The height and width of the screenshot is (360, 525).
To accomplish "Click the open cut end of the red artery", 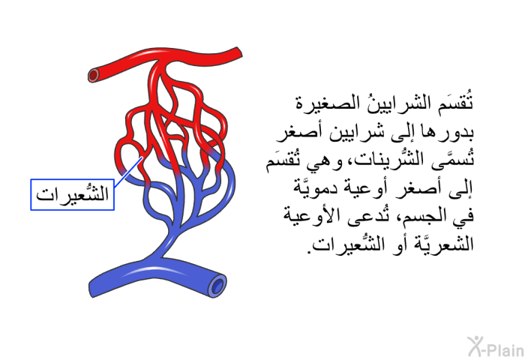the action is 94,75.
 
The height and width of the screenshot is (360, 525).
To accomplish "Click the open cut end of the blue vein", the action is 217,286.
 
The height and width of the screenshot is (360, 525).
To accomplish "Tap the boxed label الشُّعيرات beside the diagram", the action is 72,194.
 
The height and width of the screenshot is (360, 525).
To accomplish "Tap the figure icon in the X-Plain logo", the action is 475,346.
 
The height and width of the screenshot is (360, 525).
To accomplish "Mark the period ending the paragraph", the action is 310,251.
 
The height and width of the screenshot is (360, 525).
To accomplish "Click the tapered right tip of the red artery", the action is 239,52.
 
